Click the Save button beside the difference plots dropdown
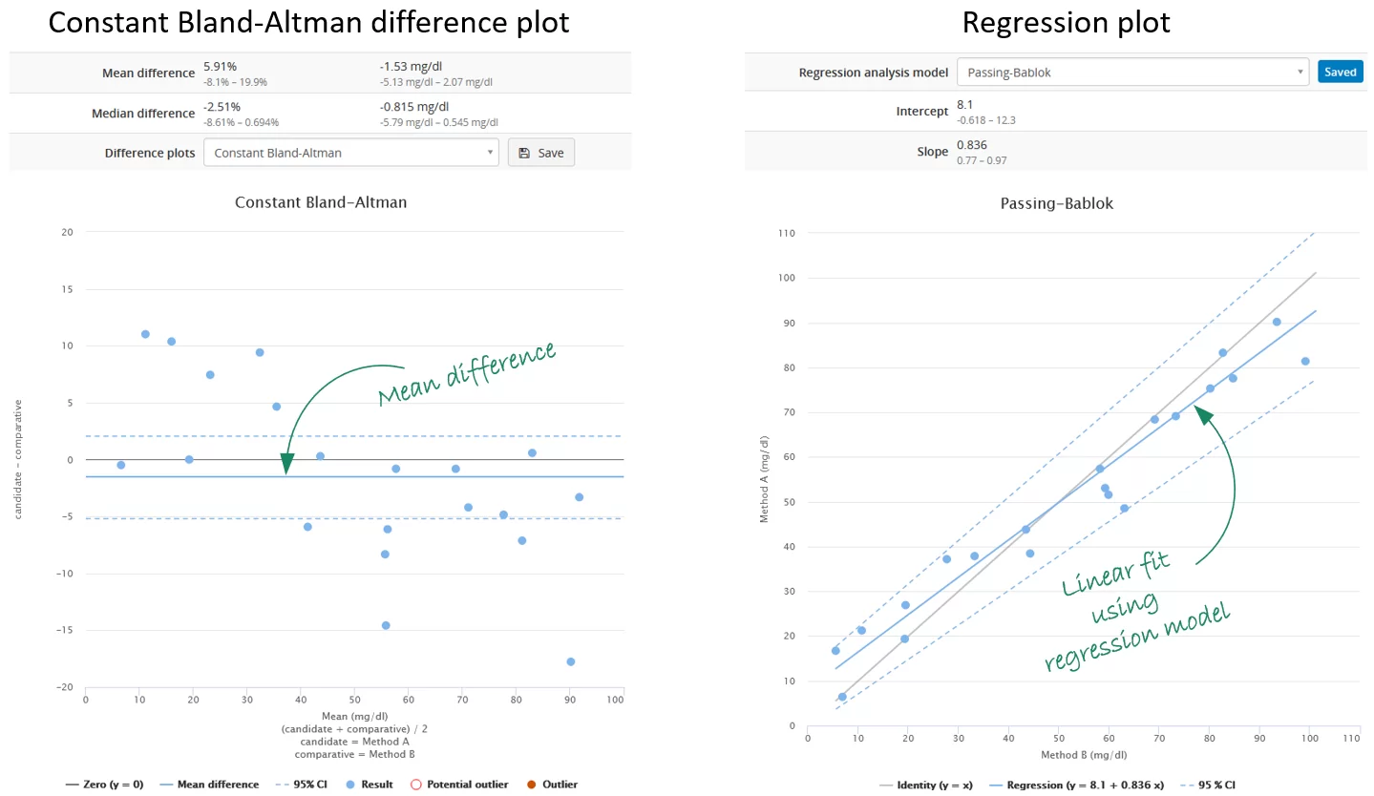click(x=541, y=153)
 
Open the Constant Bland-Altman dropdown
click(x=350, y=153)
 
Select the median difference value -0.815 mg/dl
click(x=413, y=107)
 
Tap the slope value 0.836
click(x=971, y=145)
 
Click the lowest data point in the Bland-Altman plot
click(x=570, y=661)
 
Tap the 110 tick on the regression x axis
click(x=1350, y=738)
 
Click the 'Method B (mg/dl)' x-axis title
click(x=1083, y=755)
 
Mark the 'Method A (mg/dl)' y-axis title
click(x=764, y=478)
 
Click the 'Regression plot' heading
click(x=1066, y=23)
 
